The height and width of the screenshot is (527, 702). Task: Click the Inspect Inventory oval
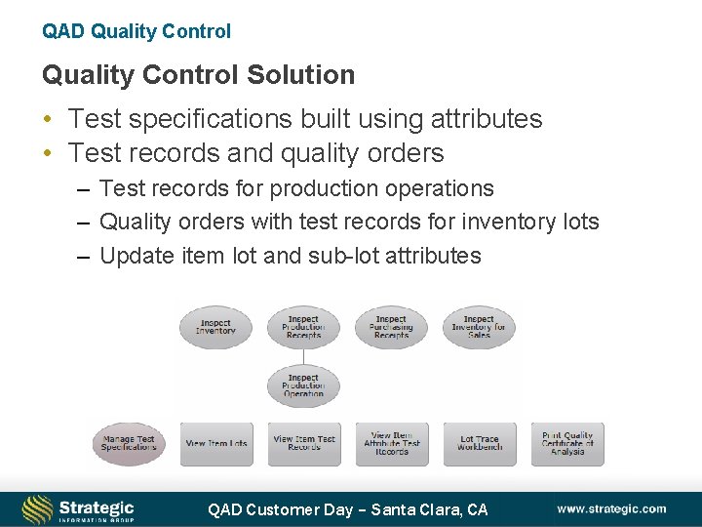point(215,327)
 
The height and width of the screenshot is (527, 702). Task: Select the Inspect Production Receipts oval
point(303,327)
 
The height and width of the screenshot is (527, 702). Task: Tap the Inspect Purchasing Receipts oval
point(391,327)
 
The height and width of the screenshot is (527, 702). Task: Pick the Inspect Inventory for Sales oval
point(479,327)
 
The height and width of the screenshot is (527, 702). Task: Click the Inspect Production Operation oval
point(303,385)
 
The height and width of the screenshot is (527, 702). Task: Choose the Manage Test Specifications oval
point(129,443)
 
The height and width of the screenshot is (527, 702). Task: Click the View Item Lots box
point(216,443)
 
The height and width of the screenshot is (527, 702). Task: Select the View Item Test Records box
point(304,443)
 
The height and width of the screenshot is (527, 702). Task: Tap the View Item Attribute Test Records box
point(392,443)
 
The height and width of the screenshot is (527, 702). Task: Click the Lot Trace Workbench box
point(480,443)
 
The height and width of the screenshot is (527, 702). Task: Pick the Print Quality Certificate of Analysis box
point(567,443)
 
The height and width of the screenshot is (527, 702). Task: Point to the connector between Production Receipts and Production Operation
point(303,356)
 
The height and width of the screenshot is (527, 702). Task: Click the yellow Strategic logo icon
point(38,509)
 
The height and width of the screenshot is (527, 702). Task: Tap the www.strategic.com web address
point(611,508)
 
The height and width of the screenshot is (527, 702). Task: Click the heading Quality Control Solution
point(198,74)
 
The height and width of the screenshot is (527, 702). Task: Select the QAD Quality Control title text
point(136,31)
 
